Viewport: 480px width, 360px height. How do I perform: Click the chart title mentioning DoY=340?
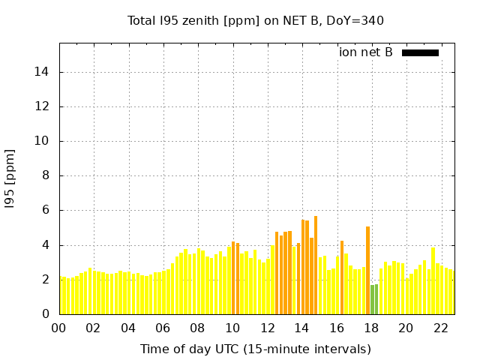[256, 21]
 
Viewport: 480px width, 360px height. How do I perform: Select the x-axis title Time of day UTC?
[256, 349]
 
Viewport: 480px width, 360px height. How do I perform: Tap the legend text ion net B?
[366, 52]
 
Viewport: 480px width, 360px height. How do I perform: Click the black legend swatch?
[420, 52]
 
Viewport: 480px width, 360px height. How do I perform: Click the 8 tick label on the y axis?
[47, 176]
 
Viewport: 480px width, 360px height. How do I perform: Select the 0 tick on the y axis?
[47, 314]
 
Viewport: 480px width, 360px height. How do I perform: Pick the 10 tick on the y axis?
[44, 141]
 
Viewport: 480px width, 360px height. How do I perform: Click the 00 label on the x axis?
[58, 328]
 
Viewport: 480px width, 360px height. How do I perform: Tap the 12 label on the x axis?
[267, 328]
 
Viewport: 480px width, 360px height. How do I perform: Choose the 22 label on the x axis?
[441, 328]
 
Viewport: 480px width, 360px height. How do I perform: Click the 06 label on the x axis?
[163, 328]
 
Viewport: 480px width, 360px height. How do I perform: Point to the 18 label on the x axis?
[371, 328]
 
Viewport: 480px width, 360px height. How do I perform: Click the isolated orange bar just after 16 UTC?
[342, 277]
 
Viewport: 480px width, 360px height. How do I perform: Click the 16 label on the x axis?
[337, 328]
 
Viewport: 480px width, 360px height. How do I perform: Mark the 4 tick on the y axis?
[47, 245]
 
